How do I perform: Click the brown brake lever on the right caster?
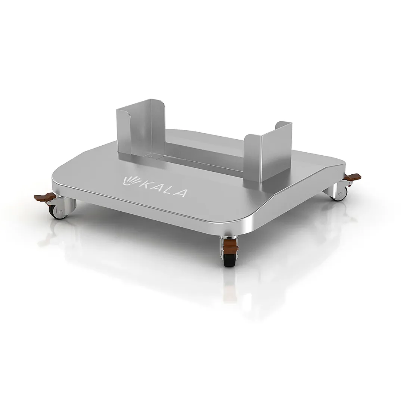[x=353, y=176]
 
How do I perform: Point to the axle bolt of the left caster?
[x=60, y=212]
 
